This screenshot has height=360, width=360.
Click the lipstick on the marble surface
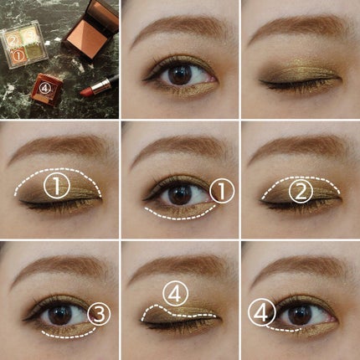tap(96, 87)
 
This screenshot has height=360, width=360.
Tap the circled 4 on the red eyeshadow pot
tap(44, 89)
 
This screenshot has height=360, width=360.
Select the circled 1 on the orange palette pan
tap(18, 56)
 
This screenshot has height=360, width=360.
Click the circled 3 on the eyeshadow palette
tap(29, 37)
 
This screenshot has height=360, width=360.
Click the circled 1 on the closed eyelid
tap(57, 186)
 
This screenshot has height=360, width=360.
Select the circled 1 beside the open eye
tap(222, 191)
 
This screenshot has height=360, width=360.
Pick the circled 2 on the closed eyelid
tap(301, 193)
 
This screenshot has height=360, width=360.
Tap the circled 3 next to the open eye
tap(99, 314)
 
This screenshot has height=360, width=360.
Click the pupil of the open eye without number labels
tap(179, 74)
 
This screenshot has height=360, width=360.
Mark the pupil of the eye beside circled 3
tap(60, 315)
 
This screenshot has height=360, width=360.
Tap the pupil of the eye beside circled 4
tap(300, 315)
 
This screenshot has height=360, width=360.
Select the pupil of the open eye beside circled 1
tap(179, 194)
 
